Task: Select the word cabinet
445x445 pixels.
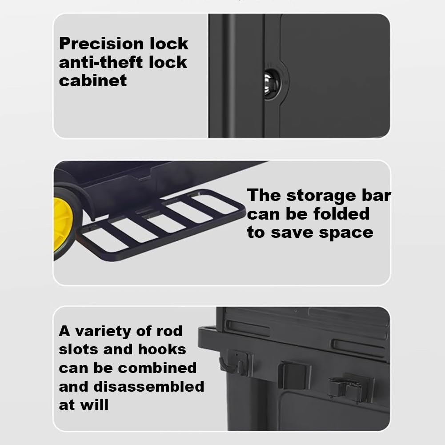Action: tap(93, 80)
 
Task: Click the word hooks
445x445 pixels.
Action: tap(162, 349)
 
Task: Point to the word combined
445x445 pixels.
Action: tap(157, 368)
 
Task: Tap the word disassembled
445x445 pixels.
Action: tap(149, 386)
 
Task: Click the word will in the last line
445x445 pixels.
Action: tap(94, 405)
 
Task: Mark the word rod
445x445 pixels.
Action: tap(169, 331)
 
